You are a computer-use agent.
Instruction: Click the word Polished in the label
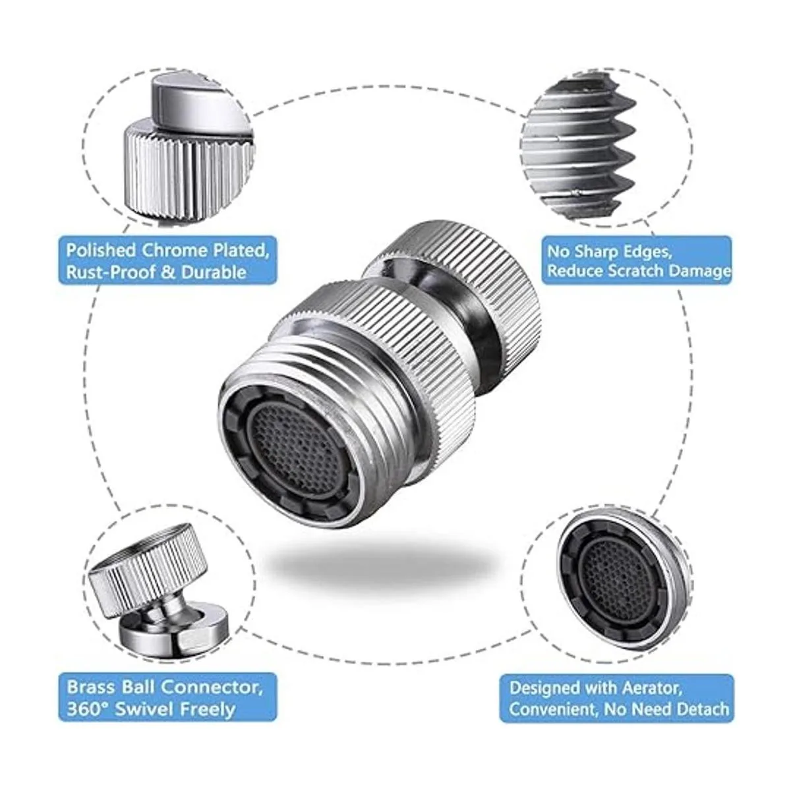(x=101, y=250)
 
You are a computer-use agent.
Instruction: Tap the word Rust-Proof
(x=110, y=272)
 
